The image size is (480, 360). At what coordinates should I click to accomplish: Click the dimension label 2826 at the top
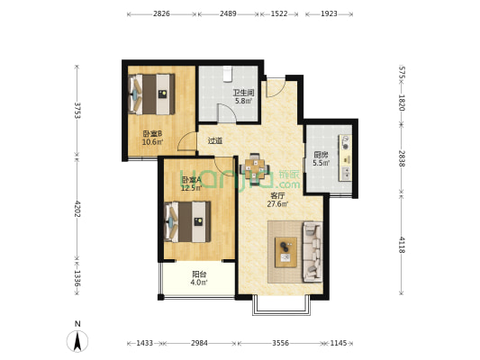click(161, 13)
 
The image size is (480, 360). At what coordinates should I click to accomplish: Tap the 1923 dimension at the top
click(329, 13)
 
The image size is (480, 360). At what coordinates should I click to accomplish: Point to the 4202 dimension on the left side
click(77, 209)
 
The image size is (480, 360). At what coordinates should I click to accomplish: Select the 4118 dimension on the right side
click(402, 245)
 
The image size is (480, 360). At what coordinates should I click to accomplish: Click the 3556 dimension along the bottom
click(280, 343)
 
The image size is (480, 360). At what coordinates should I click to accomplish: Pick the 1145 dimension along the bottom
click(339, 343)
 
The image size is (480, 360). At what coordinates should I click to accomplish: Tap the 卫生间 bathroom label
click(243, 93)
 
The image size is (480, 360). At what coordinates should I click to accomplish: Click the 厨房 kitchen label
click(321, 155)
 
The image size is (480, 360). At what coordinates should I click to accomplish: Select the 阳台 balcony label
click(199, 274)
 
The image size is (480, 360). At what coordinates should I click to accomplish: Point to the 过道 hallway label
click(215, 140)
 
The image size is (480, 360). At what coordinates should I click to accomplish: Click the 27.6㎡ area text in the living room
click(277, 204)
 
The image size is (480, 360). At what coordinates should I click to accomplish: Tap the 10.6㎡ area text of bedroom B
click(152, 141)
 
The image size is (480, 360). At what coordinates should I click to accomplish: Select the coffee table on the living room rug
click(285, 252)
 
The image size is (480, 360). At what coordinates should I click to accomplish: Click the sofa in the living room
click(312, 251)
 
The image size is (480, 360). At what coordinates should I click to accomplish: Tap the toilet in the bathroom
click(227, 74)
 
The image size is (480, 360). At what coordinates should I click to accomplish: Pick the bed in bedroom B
click(151, 94)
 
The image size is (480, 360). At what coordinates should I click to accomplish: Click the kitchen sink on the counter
click(346, 174)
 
